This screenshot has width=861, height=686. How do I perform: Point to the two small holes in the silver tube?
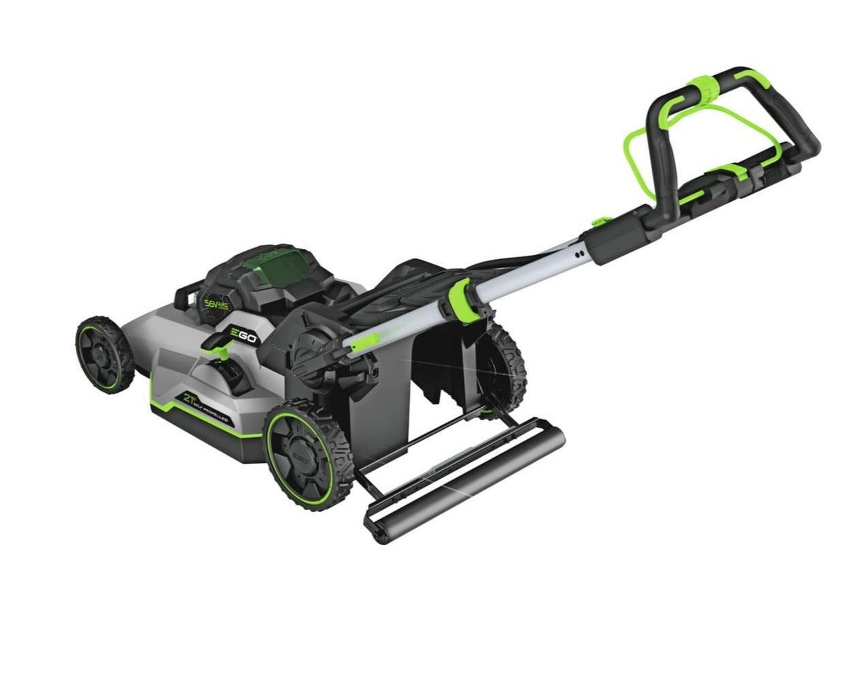click(580, 254)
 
